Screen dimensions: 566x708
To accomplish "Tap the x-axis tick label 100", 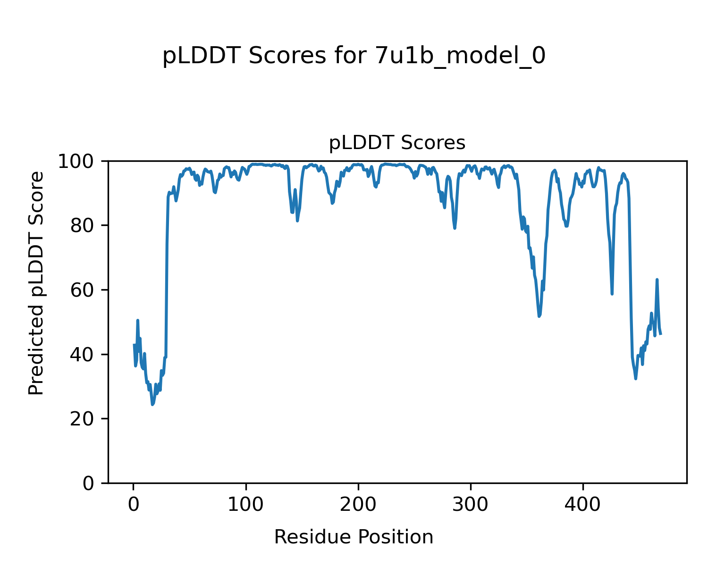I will point(245,505).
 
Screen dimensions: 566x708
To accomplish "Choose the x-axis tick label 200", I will point(358,505).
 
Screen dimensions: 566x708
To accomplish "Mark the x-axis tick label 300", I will point(471,505).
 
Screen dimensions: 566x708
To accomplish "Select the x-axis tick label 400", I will point(583,505).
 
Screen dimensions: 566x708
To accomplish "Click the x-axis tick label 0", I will point(134,505).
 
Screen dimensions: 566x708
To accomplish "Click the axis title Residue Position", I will point(354,537).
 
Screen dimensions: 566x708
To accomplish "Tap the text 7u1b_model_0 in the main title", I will point(460,56).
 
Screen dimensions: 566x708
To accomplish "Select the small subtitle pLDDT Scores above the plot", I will point(397,143).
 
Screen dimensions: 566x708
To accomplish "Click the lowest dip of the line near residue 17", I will point(152,404).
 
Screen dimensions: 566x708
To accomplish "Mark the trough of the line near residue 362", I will point(539,316).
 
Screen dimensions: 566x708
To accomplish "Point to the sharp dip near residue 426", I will point(612,294).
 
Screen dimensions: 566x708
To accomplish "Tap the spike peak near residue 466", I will point(657,280).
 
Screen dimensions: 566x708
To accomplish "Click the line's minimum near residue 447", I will point(636,378).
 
